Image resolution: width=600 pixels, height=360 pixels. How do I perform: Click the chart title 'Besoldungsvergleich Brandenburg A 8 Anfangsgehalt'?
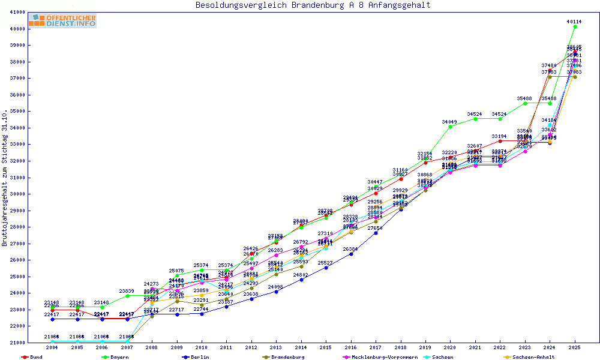pyautogui.click(x=313, y=5)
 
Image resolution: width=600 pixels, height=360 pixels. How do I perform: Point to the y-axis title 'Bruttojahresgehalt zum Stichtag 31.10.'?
pyautogui.click(x=5, y=178)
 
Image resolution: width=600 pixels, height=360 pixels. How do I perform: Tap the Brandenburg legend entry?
pyautogui.click(x=287, y=357)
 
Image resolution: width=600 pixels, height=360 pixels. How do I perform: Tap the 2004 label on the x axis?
pyautogui.click(x=52, y=347)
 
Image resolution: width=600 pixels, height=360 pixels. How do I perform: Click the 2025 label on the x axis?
pyautogui.click(x=575, y=347)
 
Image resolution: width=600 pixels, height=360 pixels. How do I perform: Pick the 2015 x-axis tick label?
pyautogui.click(x=326, y=347)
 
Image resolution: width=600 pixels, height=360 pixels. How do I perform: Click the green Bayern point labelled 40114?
pyautogui.click(x=575, y=27)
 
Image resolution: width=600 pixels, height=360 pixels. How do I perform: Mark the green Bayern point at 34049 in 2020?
pyautogui.click(x=450, y=127)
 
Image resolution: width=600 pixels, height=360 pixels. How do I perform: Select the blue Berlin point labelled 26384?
pyautogui.click(x=351, y=254)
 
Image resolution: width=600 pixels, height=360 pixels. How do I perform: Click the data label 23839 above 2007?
pyautogui.click(x=127, y=291)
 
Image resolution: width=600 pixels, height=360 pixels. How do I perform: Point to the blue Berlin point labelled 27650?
pyautogui.click(x=376, y=233)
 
